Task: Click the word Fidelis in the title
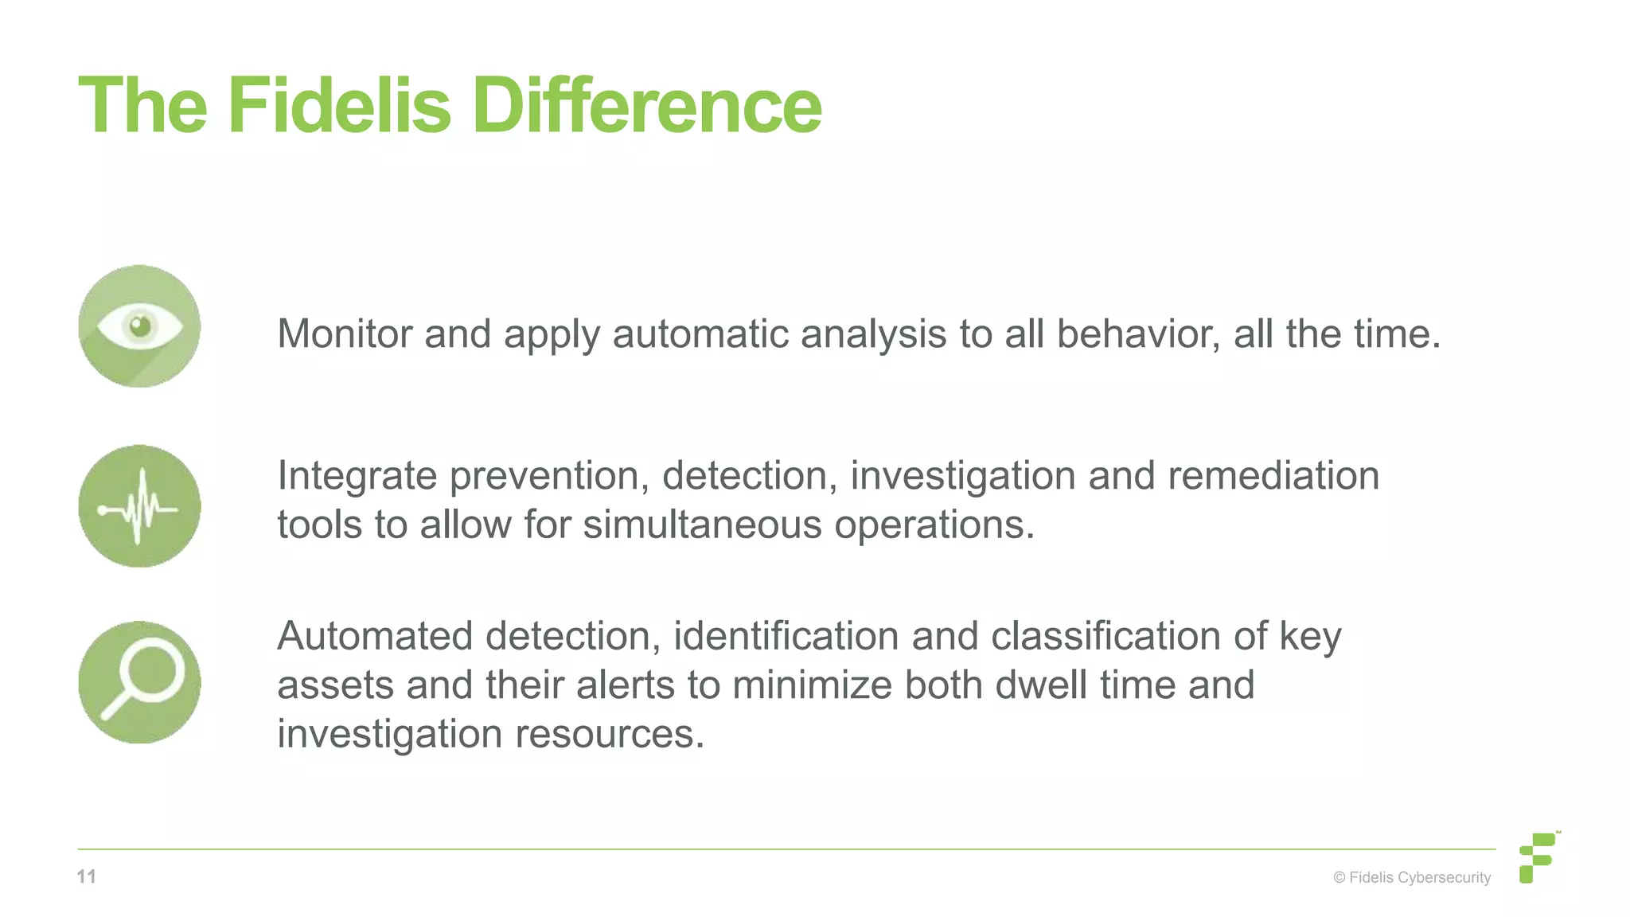(x=339, y=106)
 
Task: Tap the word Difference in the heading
(x=646, y=106)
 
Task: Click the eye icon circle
(x=139, y=326)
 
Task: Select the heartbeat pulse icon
(x=139, y=506)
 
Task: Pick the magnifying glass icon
(x=139, y=682)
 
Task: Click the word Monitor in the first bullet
(x=344, y=334)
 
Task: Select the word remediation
(x=1273, y=476)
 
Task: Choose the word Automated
(x=374, y=636)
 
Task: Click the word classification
(x=1106, y=636)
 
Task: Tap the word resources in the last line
(x=610, y=734)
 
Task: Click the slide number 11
(x=87, y=877)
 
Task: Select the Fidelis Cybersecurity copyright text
(x=1412, y=878)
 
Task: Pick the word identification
(x=786, y=636)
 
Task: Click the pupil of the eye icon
(x=140, y=326)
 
